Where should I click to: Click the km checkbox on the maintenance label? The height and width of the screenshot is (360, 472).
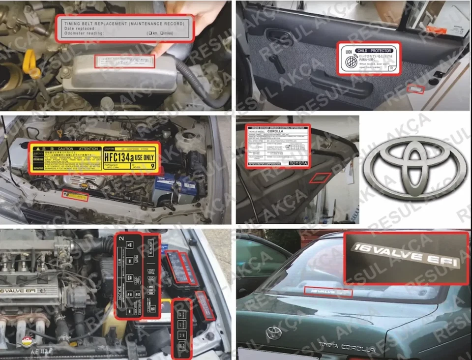(x=149, y=33)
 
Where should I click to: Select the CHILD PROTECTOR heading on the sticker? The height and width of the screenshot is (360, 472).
(x=374, y=51)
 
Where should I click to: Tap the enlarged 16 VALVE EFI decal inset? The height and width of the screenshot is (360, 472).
(x=406, y=257)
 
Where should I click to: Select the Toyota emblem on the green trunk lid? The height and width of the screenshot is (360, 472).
(x=273, y=333)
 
